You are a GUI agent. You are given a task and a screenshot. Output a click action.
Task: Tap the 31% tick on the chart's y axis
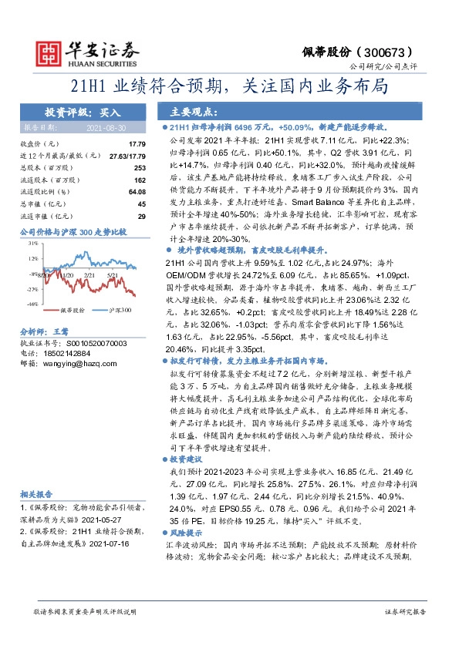[x=32, y=244]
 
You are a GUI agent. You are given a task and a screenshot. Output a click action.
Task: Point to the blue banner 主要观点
[x=185, y=110]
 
